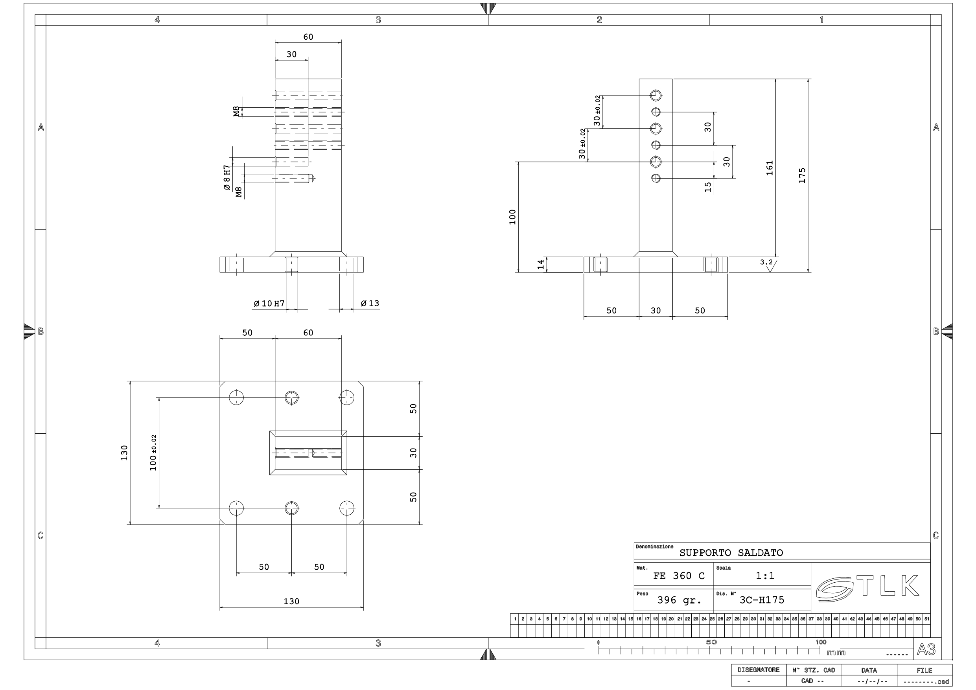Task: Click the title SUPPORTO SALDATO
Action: [731, 553]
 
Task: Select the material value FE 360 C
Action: [679, 576]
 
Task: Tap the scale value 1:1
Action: [765, 576]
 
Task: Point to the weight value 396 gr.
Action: [679, 600]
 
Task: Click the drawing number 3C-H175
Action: [762, 600]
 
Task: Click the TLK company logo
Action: [867, 587]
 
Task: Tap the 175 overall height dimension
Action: [802, 176]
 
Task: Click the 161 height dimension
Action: [770, 168]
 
